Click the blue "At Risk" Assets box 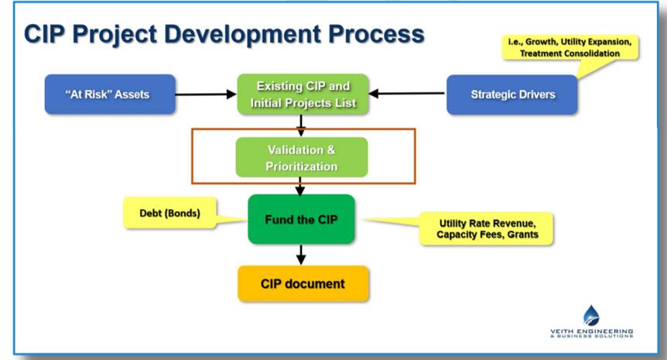(x=96, y=94)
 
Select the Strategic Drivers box (x=512, y=94)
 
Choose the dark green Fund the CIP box (x=300, y=219)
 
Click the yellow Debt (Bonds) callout (x=165, y=214)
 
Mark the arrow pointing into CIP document (x=301, y=255)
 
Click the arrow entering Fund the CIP (x=301, y=187)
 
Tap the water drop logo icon (x=591, y=314)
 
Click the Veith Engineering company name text (x=591, y=331)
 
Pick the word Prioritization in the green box (x=303, y=166)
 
